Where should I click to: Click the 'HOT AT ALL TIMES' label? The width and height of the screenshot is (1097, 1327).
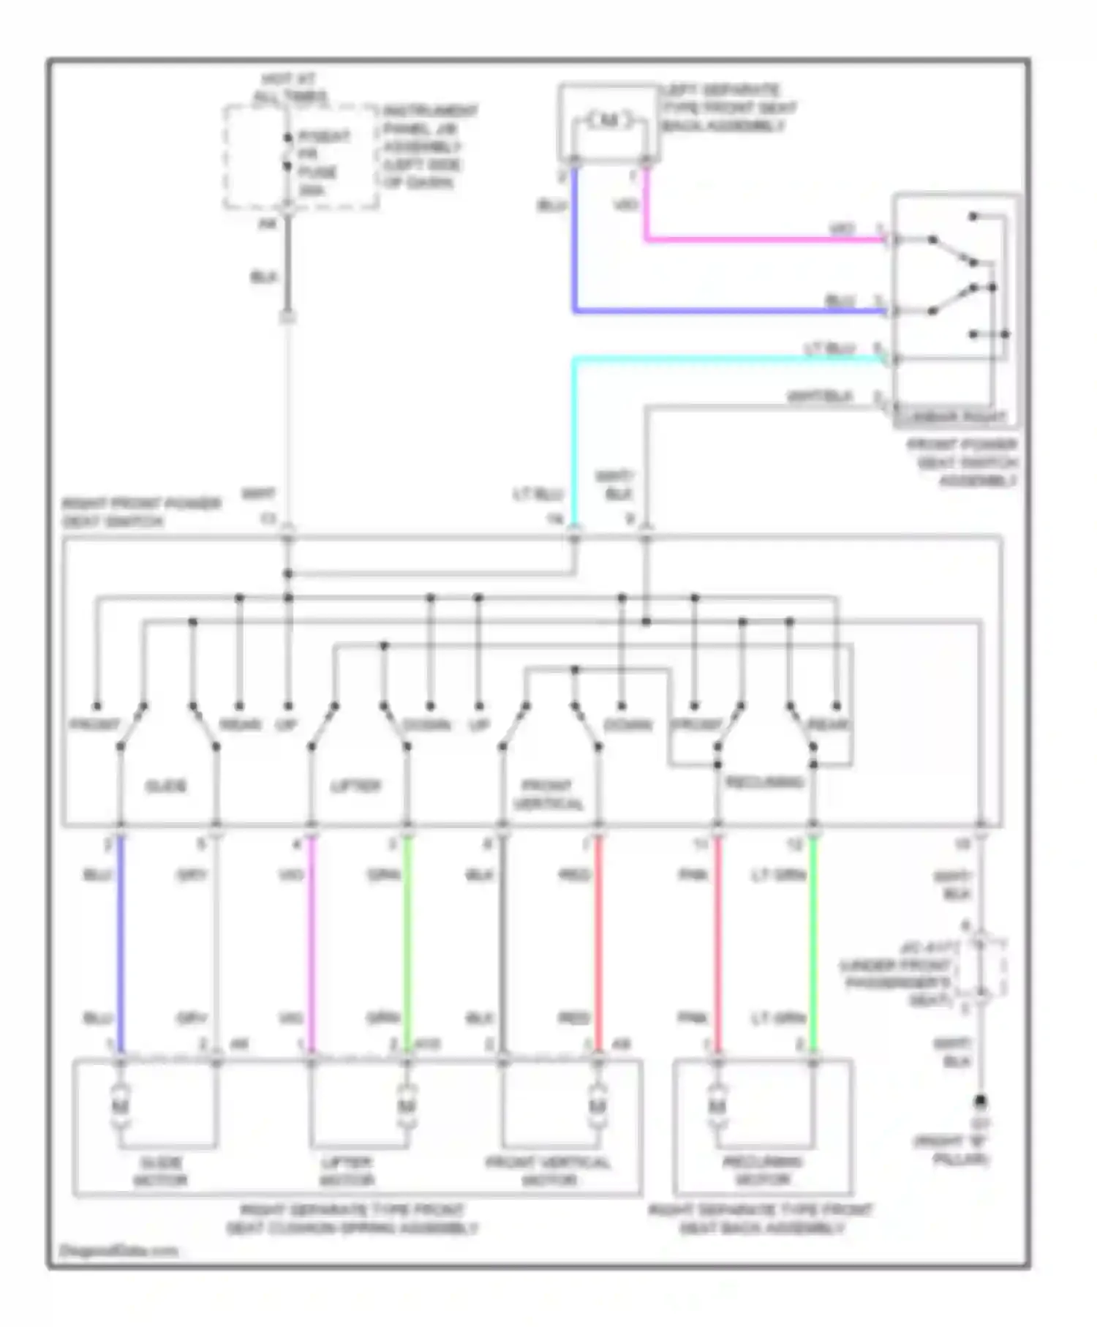(290, 88)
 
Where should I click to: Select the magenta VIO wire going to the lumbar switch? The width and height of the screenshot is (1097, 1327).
(761, 239)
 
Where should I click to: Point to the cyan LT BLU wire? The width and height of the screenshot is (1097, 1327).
(724, 358)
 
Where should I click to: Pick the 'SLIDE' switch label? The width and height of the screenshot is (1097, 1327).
(166, 786)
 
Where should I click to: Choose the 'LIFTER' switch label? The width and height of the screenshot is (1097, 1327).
(356, 786)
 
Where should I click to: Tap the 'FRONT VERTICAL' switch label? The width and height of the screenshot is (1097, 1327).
(548, 794)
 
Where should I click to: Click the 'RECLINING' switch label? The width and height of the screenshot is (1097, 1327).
(764, 782)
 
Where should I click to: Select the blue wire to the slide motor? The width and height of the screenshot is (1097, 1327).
(121, 944)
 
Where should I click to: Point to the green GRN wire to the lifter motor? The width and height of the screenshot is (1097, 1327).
(407, 944)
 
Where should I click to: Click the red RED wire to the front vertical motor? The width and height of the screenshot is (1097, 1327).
(598, 944)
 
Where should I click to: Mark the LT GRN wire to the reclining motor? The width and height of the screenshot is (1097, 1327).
(813, 944)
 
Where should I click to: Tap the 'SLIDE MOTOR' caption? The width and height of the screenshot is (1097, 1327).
(160, 1170)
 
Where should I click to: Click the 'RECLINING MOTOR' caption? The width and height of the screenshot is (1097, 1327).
(763, 1170)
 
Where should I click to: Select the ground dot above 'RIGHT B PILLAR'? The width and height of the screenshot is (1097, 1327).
(981, 1100)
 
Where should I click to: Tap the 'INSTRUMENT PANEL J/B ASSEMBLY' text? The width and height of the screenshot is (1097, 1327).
(430, 146)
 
